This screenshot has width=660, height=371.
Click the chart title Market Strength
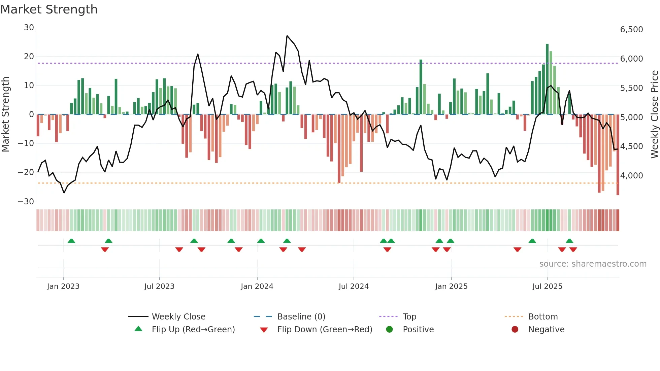(x=49, y=9)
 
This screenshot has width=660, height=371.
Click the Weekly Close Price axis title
(x=654, y=114)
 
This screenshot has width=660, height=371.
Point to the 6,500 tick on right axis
(x=631, y=30)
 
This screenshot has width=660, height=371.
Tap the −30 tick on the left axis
(x=26, y=202)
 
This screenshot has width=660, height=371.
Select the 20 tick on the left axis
(x=29, y=57)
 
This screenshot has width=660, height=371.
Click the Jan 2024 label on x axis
(x=257, y=286)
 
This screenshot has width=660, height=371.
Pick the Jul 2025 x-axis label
(x=547, y=286)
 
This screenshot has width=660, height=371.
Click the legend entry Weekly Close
(x=178, y=317)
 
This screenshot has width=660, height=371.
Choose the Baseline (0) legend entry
(x=301, y=317)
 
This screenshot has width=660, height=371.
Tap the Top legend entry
(x=409, y=317)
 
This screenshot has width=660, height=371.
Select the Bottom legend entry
(x=543, y=317)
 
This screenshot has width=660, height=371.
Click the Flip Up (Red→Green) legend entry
(x=193, y=330)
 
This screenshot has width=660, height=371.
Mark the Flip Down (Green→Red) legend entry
(x=325, y=330)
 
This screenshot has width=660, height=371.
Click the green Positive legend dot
(x=390, y=330)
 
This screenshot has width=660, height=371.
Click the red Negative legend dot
(x=515, y=330)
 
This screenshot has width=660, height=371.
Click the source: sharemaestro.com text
(x=593, y=264)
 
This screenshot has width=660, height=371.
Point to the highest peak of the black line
(x=287, y=36)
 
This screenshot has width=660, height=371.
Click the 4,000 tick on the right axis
(x=631, y=176)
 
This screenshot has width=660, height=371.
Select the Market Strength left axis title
(x=5, y=114)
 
